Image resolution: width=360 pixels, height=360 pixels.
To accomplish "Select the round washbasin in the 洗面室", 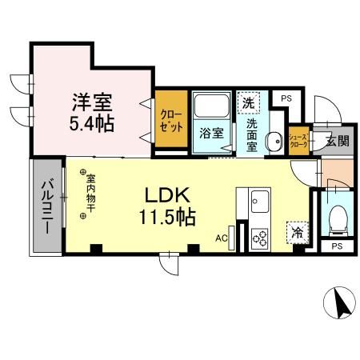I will (273, 140).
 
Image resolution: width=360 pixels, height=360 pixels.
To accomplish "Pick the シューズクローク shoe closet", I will (298, 141).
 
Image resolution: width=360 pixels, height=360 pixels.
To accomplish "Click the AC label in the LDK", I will (222, 238).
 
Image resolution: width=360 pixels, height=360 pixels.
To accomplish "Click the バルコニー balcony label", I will (46, 206).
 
